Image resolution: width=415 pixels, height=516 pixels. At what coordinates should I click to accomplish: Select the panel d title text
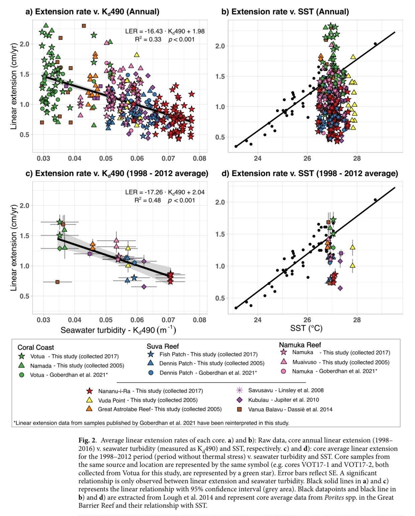pyautogui.click(x=310, y=173)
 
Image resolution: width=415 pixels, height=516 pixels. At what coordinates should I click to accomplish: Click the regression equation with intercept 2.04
pyautogui.click(x=165, y=192)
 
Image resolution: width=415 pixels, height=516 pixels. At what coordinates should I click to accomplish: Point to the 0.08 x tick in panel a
pyautogui.click(x=199, y=159)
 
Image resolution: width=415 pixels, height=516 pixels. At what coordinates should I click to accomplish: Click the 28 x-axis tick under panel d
pyautogui.click(x=357, y=320)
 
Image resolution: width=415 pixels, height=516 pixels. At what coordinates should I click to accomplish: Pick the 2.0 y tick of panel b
pyautogui.click(x=220, y=46)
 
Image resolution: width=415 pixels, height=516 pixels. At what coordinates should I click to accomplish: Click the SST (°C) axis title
pyautogui.click(x=306, y=328)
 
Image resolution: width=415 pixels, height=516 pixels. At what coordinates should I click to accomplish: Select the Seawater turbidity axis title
pyautogui.click(x=118, y=330)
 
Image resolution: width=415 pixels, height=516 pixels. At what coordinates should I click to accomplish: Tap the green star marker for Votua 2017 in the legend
pyautogui.click(x=22, y=356)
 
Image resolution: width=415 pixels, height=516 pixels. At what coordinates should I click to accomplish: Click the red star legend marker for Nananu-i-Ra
pyautogui.click(x=89, y=391)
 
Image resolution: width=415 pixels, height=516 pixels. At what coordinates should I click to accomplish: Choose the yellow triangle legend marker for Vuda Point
pyautogui.click(x=89, y=400)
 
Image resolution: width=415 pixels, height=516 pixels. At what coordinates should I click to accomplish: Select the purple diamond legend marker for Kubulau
pyautogui.click(x=239, y=400)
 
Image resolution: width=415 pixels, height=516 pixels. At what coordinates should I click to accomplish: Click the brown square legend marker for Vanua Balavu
pyautogui.click(x=239, y=409)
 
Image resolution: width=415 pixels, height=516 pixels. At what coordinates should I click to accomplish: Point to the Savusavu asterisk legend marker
pyautogui.click(x=239, y=391)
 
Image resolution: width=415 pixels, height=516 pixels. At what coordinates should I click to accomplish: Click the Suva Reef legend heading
pyautogui.click(x=163, y=346)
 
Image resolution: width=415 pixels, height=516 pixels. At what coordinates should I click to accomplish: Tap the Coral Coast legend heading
pyautogui.click(x=36, y=347)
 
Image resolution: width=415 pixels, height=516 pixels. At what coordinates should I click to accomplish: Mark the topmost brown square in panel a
pyautogui.click(x=84, y=26)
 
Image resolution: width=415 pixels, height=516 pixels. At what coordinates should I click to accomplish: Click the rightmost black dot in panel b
pyautogui.click(x=375, y=44)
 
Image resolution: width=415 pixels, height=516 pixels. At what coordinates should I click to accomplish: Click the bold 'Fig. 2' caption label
pyautogui.click(x=87, y=440)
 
